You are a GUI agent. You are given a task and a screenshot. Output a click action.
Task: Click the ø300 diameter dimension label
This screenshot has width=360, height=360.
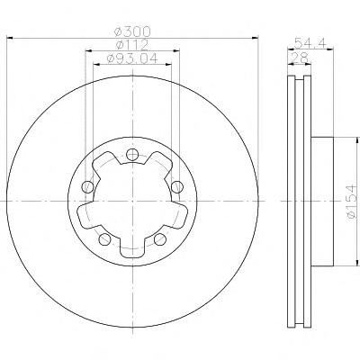click(132, 31)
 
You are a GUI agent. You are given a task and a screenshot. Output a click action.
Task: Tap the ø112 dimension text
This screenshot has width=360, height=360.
click(132, 45)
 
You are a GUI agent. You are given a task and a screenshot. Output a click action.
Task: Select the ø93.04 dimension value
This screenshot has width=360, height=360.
click(132, 58)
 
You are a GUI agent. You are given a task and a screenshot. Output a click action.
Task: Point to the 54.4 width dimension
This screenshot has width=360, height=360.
click(310, 43)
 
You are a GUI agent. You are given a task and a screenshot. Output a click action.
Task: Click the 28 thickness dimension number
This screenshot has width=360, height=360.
click(300, 58)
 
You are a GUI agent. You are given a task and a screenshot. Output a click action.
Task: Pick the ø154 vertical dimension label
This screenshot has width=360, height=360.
click(351, 202)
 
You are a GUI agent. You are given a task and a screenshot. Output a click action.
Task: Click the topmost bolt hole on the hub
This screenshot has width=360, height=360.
click(132, 155)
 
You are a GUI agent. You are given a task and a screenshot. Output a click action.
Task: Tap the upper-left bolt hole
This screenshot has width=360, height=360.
click(87, 187)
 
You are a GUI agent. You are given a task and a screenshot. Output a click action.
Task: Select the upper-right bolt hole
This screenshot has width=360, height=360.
click(177, 187)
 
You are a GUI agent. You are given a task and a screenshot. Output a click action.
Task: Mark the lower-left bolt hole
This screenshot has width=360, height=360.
click(104, 239)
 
